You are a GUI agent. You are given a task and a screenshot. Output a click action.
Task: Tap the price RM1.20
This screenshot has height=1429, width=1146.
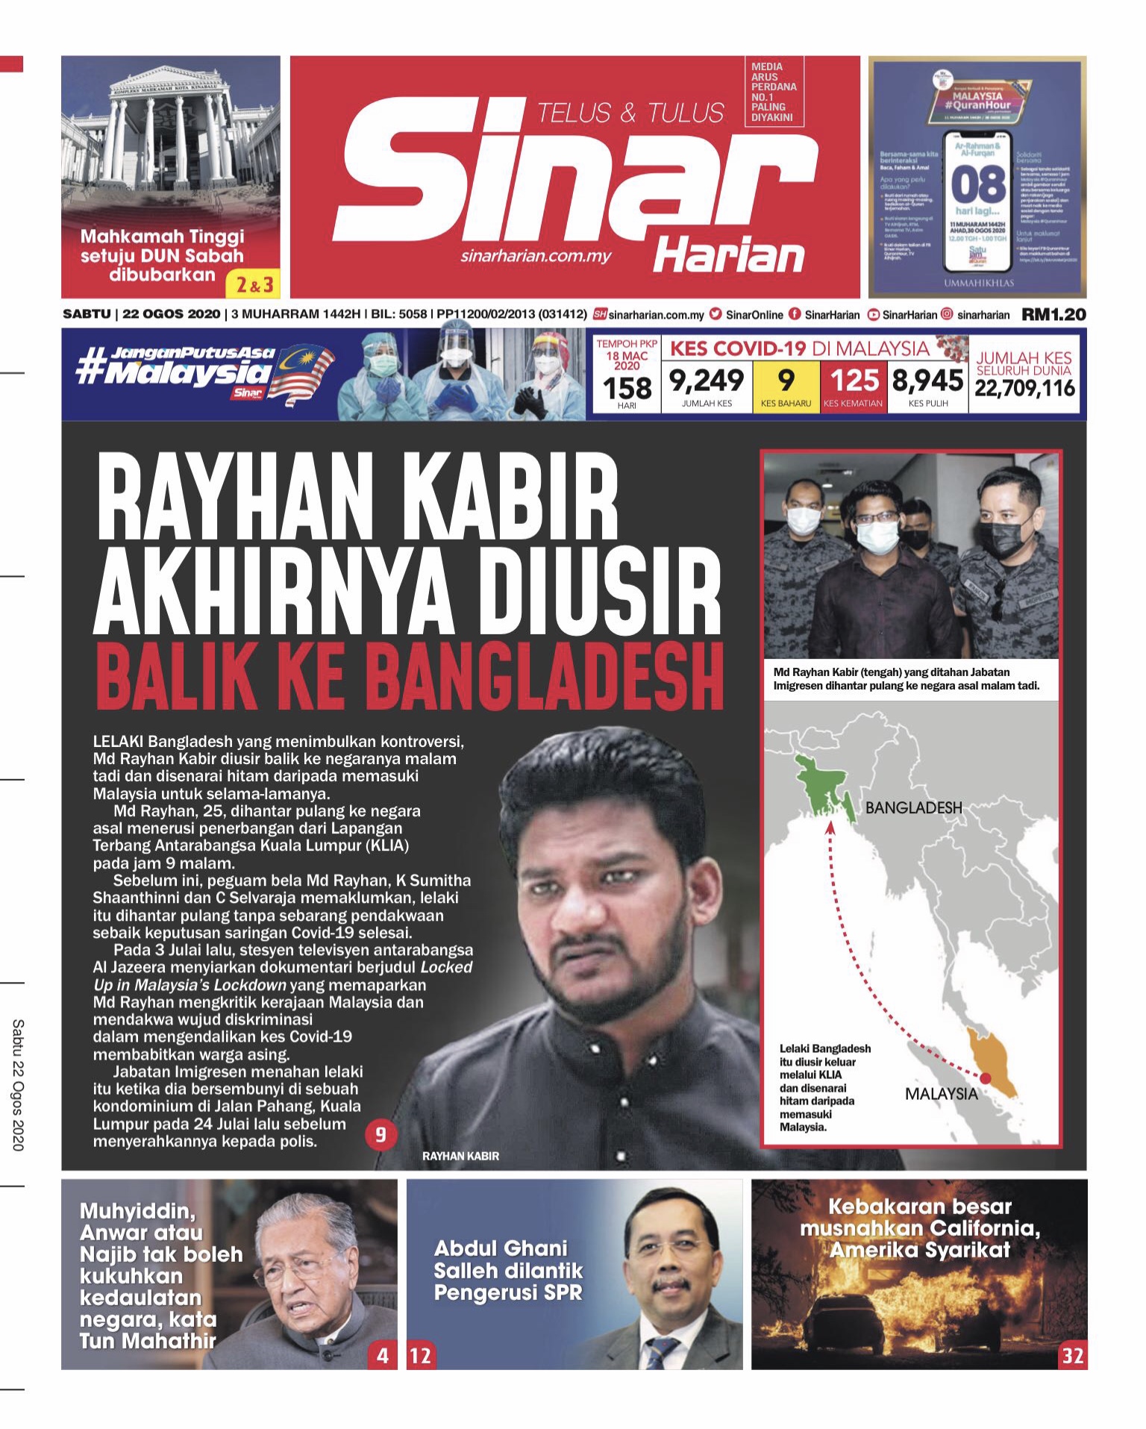click(x=1053, y=315)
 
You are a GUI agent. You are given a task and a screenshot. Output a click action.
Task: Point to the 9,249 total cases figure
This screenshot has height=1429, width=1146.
click(x=706, y=381)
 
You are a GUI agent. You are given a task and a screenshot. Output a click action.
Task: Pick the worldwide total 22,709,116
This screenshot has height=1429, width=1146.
click(x=1024, y=388)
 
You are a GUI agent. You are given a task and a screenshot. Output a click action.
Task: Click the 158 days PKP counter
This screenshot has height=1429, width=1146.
click(x=627, y=389)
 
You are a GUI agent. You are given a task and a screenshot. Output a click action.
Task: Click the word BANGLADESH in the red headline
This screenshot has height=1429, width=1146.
click(x=545, y=678)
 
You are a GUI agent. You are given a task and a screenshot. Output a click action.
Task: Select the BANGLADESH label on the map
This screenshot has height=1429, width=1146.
click(x=913, y=807)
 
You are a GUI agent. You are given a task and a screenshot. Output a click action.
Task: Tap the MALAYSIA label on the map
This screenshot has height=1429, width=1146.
click(x=941, y=1094)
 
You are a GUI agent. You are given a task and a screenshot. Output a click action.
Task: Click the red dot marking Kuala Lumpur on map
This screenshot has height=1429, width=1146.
click(x=985, y=1078)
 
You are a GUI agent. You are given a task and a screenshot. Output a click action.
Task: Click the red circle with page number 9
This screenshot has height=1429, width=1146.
click(x=381, y=1135)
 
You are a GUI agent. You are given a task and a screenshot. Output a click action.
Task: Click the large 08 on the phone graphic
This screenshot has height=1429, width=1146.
click(x=978, y=184)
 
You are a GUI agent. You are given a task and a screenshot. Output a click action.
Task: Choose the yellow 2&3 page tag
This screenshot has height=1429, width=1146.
click(x=254, y=284)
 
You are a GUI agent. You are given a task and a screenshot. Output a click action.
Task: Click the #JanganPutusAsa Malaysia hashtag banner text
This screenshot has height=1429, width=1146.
click(x=176, y=366)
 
